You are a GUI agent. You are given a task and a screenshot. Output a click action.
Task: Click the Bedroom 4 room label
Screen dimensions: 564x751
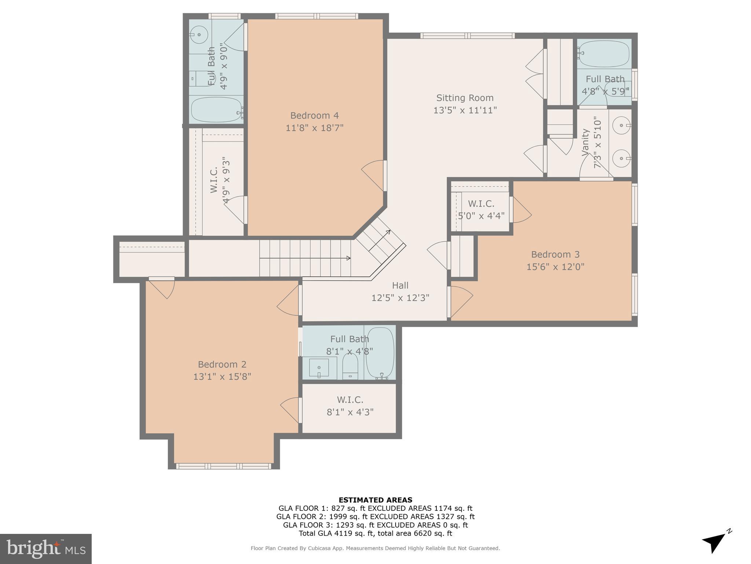coord(314,116)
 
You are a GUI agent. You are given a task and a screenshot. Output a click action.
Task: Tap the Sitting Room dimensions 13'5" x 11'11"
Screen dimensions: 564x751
coord(465,110)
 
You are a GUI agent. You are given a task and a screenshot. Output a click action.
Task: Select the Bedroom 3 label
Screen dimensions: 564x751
coord(555,254)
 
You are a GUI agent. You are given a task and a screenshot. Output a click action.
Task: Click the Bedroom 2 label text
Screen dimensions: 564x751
coord(222,364)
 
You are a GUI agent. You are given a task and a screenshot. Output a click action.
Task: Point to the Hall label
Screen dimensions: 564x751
coord(400,285)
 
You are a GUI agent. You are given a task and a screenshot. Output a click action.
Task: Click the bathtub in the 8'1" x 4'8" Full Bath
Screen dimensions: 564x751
coord(380,352)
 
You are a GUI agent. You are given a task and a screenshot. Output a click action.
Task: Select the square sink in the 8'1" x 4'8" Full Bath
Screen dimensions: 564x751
coord(319,368)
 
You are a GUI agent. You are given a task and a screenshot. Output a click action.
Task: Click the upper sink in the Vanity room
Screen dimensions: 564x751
coord(622,126)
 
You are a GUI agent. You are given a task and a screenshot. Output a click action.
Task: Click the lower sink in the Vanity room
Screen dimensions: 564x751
coord(622,159)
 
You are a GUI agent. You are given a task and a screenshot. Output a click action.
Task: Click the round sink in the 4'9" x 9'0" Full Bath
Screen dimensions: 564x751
coord(199,35)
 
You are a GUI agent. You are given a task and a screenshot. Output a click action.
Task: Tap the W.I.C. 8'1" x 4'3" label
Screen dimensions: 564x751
coord(350,406)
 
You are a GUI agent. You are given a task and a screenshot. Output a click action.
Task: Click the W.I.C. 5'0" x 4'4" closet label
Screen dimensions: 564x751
coord(481,209)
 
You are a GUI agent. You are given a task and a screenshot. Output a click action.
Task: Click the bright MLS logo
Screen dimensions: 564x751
coord(45,549)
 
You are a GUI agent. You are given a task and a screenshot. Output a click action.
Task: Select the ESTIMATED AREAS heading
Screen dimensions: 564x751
coord(375,500)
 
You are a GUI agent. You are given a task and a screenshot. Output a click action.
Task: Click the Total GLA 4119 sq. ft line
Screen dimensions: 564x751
coord(375,534)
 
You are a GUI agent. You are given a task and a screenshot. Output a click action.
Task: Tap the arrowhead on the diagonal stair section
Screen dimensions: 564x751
coord(388,232)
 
